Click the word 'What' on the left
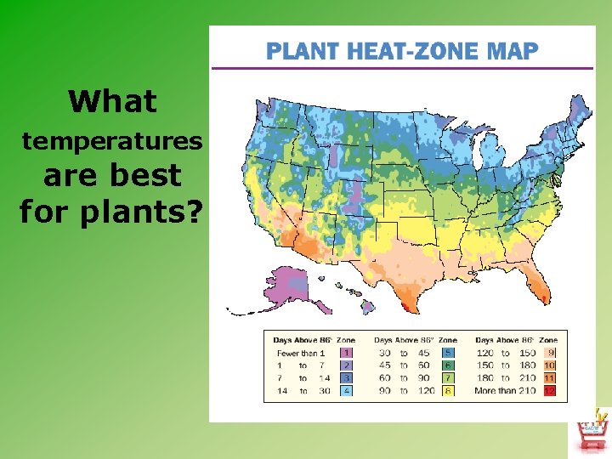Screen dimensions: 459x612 coord(112,102)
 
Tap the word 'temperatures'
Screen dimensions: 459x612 coord(112,140)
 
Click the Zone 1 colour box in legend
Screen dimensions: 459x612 coord(346,353)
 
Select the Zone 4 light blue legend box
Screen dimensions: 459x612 coord(346,391)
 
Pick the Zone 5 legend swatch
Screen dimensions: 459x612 coord(448,353)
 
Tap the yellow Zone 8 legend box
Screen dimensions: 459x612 coord(448,391)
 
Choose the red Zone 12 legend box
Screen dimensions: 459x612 coord(550,391)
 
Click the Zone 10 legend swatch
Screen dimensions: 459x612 coord(550,365)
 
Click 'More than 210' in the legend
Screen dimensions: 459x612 coord(504,391)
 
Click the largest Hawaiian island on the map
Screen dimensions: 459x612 coord(367,308)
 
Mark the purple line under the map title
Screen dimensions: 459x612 coord(402,68)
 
